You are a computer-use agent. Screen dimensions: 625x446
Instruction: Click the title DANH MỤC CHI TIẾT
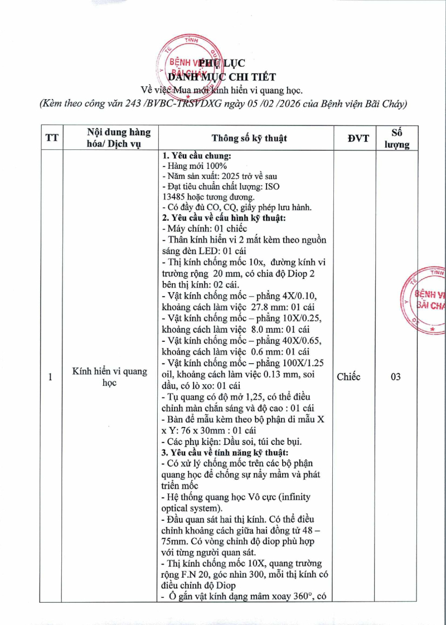click(222, 76)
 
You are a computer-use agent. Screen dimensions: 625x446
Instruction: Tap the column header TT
click(52, 138)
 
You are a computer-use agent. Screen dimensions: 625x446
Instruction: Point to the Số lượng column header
click(397, 138)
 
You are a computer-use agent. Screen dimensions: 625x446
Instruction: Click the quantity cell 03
click(396, 377)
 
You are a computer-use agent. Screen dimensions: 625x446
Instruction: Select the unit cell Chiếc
click(348, 377)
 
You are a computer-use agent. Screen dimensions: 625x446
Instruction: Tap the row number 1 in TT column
click(50, 377)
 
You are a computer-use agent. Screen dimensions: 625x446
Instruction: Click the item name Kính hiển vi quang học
click(109, 377)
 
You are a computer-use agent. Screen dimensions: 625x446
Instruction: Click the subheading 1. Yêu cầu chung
click(196, 156)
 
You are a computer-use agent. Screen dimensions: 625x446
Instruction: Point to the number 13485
click(174, 197)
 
